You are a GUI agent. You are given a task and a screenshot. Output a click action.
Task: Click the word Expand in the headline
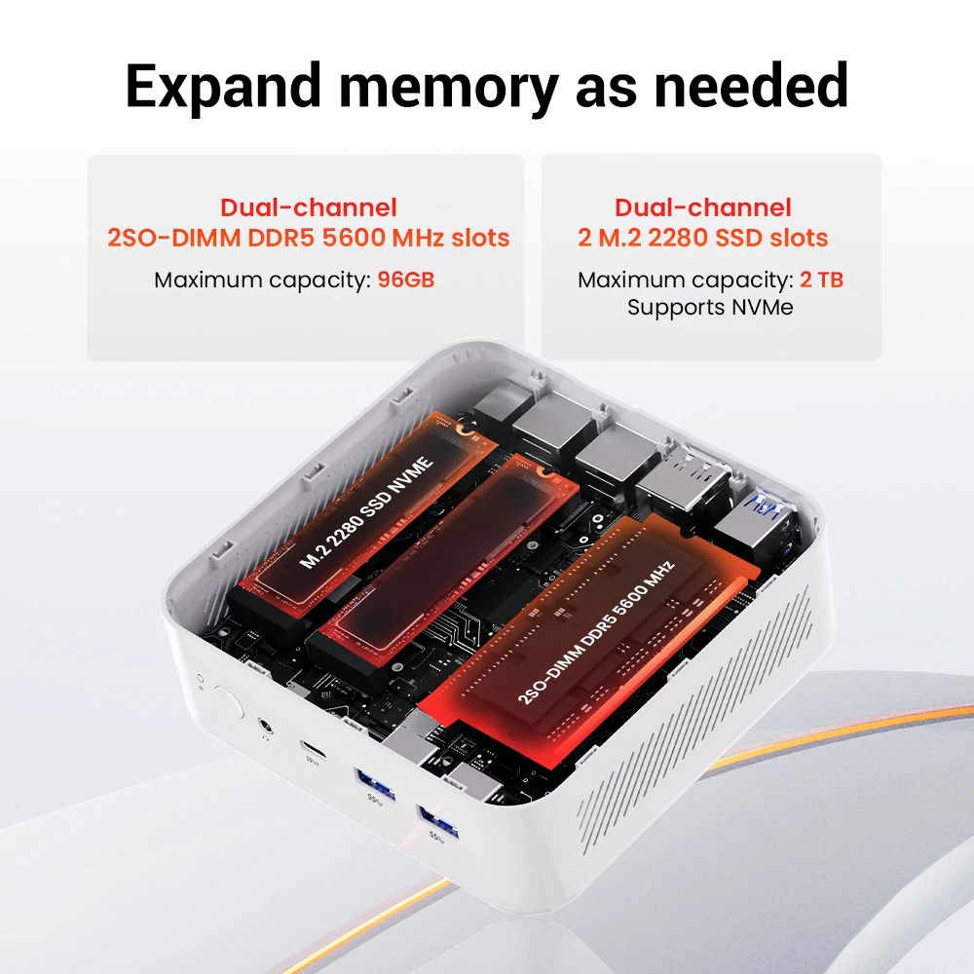point(223,88)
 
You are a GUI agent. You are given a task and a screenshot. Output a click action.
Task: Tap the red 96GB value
point(405,280)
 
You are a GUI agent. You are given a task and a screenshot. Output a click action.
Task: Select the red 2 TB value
point(821,280)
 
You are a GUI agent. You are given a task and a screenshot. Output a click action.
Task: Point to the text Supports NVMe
point(710,308)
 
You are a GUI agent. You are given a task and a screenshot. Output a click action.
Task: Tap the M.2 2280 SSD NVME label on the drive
point(366,512)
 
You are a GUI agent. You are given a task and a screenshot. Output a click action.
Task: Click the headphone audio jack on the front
point(265,726)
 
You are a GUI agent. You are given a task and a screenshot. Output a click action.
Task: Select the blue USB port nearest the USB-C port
point(374,782)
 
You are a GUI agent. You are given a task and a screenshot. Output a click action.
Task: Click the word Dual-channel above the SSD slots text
point(702,207)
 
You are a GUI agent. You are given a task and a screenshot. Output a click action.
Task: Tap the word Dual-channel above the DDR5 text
point(308,207)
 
